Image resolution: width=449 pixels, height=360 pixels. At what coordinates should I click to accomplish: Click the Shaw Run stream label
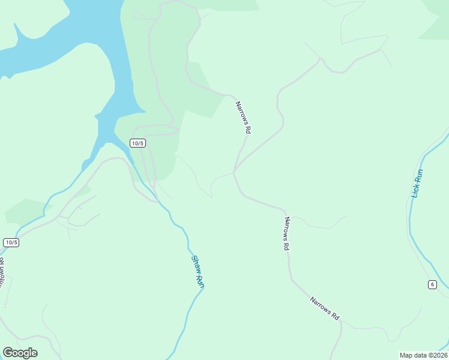[x=197, y=272]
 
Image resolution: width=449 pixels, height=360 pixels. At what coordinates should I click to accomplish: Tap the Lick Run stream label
[x=417, y=184]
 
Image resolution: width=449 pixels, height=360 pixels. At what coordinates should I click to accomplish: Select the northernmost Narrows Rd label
[x=243, y=117]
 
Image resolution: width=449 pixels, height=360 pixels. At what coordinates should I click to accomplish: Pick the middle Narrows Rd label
[x=286, y=233]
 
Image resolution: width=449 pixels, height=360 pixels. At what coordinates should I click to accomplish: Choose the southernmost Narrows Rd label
[x=325, y=308]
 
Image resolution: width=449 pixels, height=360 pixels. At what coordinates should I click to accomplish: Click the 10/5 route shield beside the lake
[x=137, y=143]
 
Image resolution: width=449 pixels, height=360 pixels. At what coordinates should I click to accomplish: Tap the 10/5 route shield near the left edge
[x=11, y=242]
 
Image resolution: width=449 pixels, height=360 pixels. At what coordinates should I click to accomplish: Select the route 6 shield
[x=432, y=284]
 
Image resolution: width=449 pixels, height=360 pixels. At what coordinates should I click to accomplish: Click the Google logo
[x=20, y=353]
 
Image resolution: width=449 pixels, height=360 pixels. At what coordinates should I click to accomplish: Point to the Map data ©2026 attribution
[x=423, y=355]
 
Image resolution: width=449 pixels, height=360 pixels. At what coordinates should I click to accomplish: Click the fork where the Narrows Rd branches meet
[x=234, y=172]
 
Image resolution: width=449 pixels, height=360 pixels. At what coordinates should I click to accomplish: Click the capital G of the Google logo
[x=8, y=353]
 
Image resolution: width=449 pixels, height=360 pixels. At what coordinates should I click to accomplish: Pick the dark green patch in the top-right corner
[x=437, y=24]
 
